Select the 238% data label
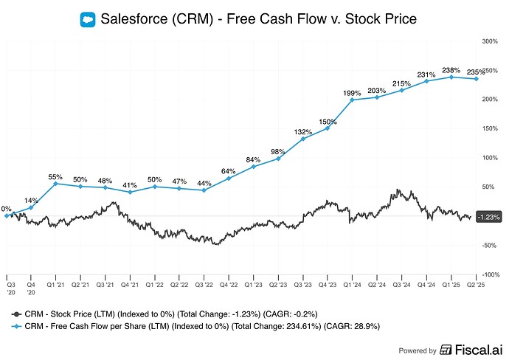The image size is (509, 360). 451,71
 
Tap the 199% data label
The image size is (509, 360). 352,94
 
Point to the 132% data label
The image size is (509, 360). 302,132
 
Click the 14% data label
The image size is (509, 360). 31,201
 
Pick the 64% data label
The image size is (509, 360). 229,172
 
